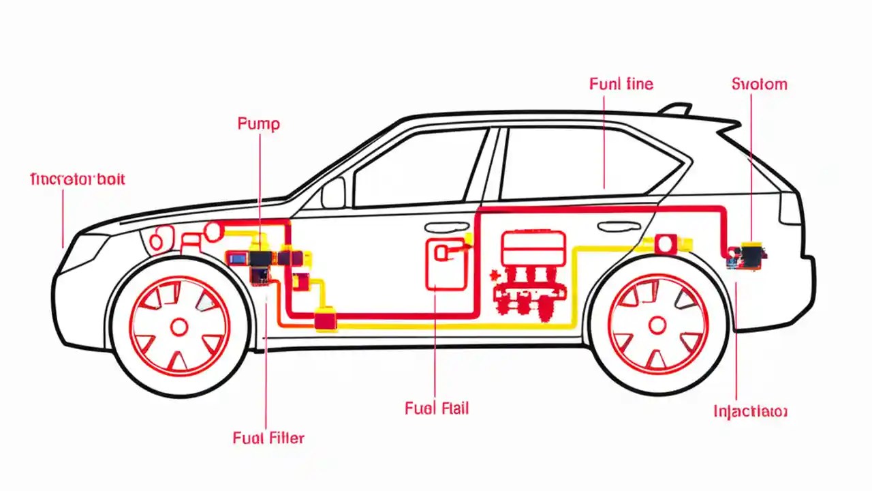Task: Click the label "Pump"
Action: point(258,124)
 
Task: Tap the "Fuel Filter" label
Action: point(268,438)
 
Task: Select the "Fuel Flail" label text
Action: point(437,408)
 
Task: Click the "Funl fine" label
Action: point(621,84)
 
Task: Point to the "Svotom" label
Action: point(759,84)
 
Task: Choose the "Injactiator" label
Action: point(750,411)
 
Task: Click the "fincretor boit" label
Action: point(78,179)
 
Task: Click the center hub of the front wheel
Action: point(179,327)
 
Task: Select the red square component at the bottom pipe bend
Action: point(325,321)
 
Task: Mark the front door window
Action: point(419,168)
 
